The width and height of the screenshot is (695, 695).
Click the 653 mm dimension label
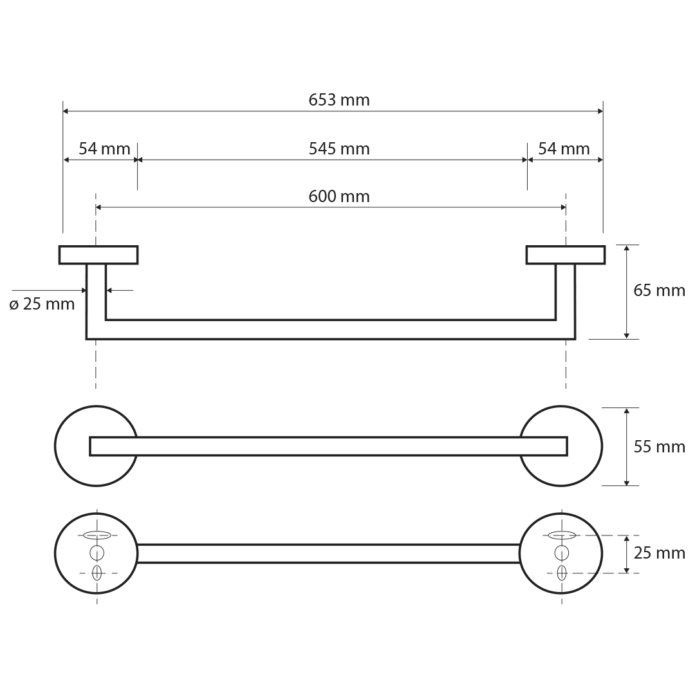[x=339, y=100]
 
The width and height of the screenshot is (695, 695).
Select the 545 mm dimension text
[x=339, y=149]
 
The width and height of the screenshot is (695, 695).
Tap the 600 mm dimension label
[x=339, y=196]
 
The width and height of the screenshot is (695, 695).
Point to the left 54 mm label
[x=105, y=149]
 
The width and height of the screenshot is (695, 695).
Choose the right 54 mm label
[x=564, y=149]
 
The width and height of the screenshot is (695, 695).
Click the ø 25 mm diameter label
[x=42, y=304]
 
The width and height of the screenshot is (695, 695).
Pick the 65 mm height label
[x=659, y=290]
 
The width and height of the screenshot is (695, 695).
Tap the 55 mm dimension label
[x=659, y=447]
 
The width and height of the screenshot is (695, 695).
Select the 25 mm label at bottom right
[x=659, y=553]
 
